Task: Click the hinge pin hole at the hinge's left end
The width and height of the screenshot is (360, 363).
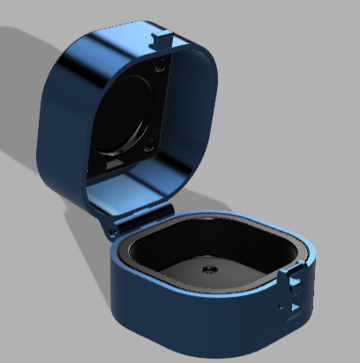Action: (x=114, y=230)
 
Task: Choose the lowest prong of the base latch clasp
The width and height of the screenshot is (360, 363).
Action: (x=291, y=309)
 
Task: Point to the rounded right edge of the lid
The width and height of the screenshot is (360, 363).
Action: (x=209, y=115)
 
